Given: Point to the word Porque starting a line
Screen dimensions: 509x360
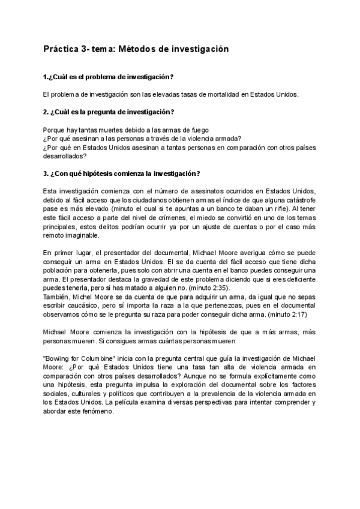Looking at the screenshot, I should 55,130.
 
